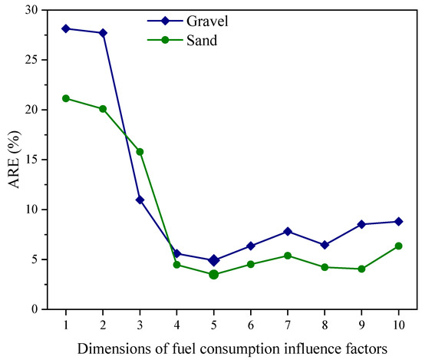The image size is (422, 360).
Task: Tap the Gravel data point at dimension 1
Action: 66,28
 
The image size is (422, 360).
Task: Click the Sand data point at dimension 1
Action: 66,98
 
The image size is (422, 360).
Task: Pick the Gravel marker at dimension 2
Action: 103,33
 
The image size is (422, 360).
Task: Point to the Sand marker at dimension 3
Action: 140,151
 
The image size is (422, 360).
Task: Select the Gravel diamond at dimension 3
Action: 140,200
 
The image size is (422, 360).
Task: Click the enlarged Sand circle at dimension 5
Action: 214,274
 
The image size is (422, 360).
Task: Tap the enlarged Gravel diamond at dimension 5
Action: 214,260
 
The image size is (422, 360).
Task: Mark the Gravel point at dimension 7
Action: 288,231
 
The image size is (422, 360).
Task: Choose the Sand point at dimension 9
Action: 361,269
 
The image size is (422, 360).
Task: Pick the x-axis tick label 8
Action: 325,324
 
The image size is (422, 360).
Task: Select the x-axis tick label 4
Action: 177,324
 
